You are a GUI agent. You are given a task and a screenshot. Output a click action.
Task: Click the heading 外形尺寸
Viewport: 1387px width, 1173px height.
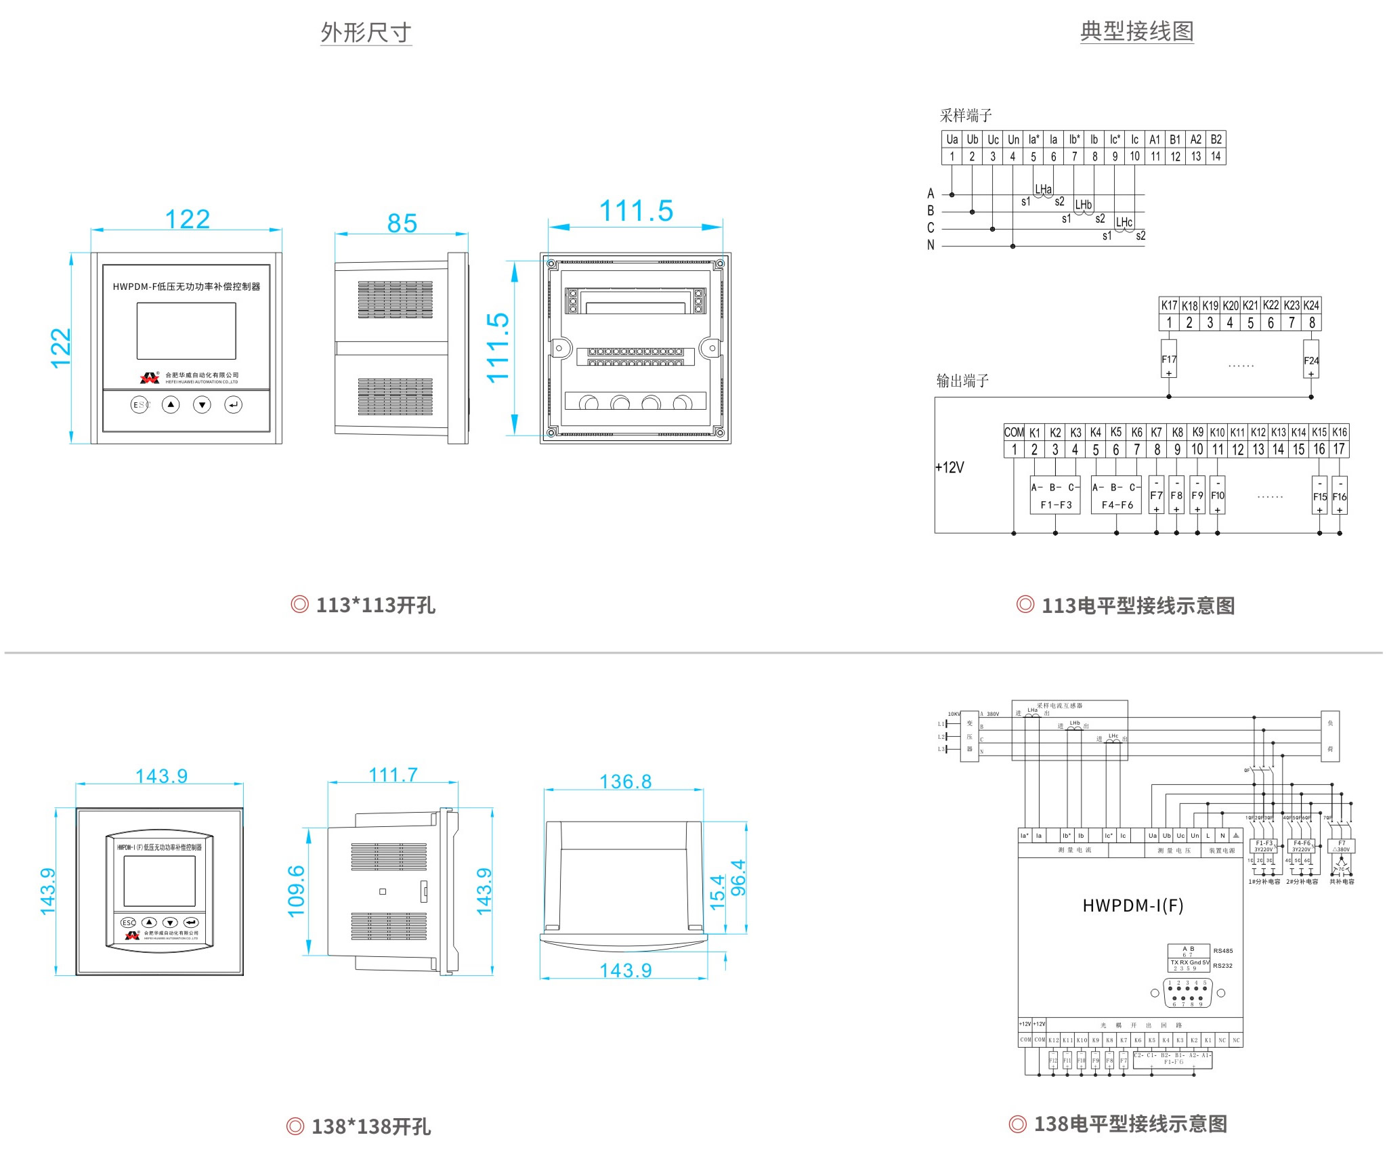pyautogui.click(x=366, y=33)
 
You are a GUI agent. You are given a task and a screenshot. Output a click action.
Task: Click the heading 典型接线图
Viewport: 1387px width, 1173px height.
pyautogui.click(x=1136, y=31)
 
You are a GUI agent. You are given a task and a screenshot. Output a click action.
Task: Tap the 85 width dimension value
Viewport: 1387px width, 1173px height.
pyautogui.click(x=402, y=223)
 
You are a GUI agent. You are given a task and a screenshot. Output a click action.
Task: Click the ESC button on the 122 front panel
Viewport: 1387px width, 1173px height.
pyautogui.click(x=140, y=405)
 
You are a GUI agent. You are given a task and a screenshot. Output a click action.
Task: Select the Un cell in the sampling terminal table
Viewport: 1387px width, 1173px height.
pyautogui.click(x=1013, y=140)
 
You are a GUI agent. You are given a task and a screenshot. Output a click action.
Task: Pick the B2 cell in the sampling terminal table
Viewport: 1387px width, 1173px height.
pyautogui.click(x=1216, y=140)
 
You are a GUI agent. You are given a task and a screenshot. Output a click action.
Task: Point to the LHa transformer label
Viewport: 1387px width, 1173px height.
pyautogui.click(x=1043, y=189)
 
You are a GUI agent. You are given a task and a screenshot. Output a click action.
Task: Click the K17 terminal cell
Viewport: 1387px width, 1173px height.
pyautogui.click(x=1169, y=305)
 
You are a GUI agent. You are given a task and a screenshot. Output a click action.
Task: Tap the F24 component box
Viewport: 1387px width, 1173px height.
pyautogui.click(x=1311, y=361)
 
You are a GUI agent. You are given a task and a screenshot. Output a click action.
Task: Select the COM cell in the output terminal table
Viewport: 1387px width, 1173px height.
pyautogui.click(x=1014, y=432)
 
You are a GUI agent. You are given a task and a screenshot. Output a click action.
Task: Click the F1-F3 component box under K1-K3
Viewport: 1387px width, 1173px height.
pyautogui.click(x=1056, y=496)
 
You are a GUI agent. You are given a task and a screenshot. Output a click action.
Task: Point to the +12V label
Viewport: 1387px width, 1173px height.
pyautogui.click(x=949, y=467)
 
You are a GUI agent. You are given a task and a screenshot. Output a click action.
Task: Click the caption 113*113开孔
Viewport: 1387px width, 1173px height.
pyautogui.click(x=375, y=605)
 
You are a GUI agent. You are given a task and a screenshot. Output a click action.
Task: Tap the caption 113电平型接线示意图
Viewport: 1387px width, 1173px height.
pyautogui.click(x=1138, y=605)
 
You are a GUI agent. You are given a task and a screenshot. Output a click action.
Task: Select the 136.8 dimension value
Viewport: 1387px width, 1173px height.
pyautogui.click(x=625, y=782)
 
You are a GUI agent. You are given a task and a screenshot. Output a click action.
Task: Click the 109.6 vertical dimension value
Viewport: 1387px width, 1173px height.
pyautogui.click(x=297, y=891)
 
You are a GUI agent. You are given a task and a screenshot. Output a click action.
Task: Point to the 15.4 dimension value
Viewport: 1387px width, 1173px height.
pyautogui.click(x=717, y=891)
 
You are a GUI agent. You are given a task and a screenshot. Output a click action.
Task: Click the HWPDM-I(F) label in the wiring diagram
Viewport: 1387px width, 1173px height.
pyautogui.click(x=1132, y=905)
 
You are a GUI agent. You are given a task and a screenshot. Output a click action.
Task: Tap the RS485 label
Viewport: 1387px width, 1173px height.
pyautogui.click(x=1223, y=951)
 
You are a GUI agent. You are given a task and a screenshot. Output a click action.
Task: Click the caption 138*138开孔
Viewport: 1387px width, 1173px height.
pyautogui.click(x=370, y=1126)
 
